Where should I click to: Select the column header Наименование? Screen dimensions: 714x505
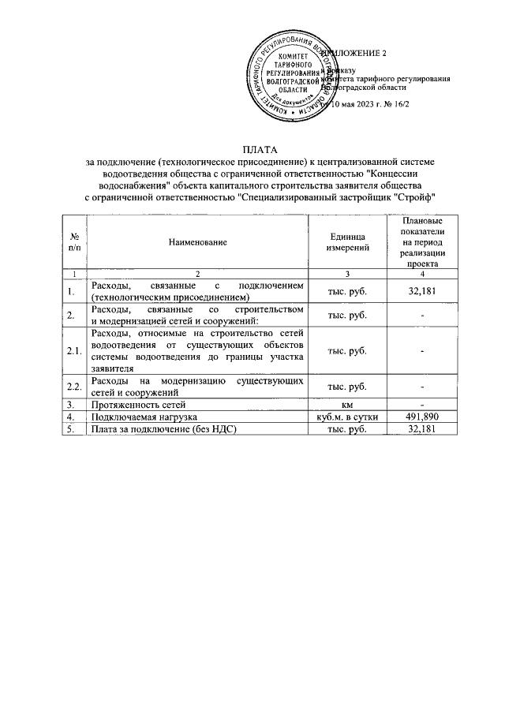pyautogui.click(x=198, y=243)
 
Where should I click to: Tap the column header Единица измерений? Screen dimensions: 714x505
pyautogui.click(x=347, y=243)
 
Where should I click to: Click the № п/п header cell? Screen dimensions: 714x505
pyautogui.click(x=73, y=243)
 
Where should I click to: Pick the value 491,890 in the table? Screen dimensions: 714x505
pyautogui.click(x=422, y=417)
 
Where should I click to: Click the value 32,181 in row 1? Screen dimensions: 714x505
pyautogui.click(x=422, y=292)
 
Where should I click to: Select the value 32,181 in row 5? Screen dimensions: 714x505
pyautogui.click(x=422, y=428)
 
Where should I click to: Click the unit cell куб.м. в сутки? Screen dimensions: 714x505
pyautogui.click(x=347, y=417)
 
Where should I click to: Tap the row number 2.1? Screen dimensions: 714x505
pyautogui.click(x=73, y=350)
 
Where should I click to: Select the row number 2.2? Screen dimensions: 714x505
pyautogui.click(x=73, y=387)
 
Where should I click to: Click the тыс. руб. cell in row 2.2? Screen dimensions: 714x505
pyautogui.click(x=347, y=387)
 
